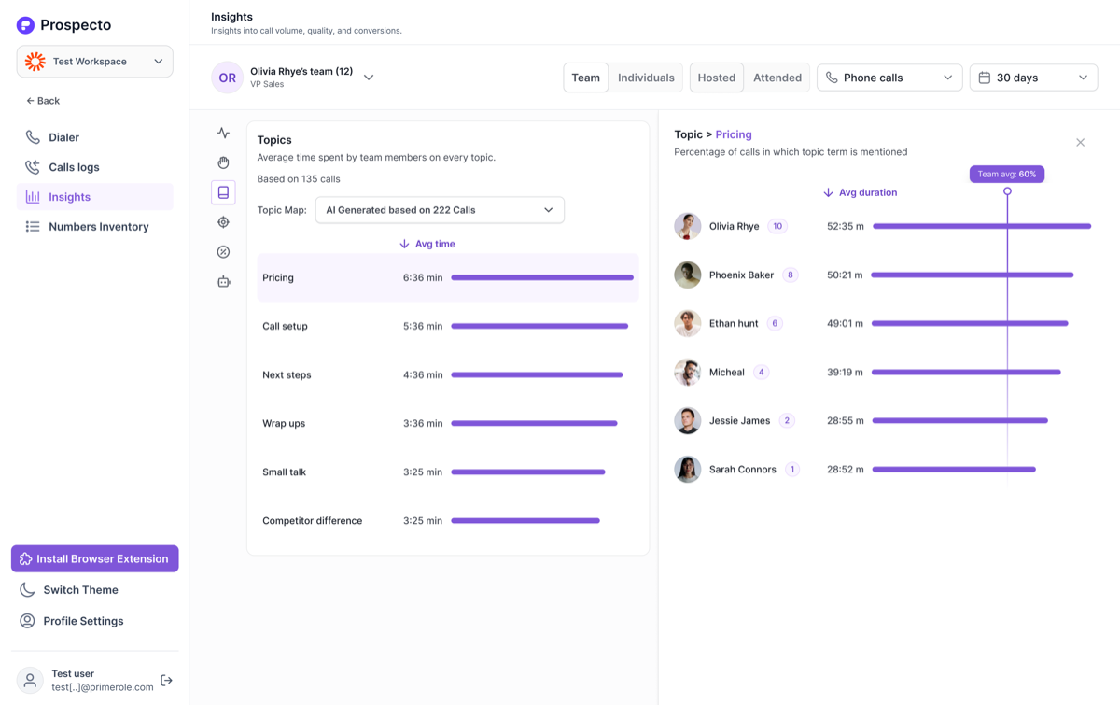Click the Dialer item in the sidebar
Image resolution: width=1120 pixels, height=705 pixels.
tap(52, 137)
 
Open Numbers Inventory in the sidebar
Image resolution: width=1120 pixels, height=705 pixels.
tap(87, 227)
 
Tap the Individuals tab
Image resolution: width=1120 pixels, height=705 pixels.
tap(646, 78)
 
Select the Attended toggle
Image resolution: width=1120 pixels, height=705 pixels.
tap(777, 78)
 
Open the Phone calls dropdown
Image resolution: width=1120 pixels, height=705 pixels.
tap(889, 78)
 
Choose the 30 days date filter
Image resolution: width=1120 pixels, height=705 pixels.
tap(1033, 78)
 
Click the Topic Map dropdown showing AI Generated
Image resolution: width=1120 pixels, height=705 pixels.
tap(440, 210)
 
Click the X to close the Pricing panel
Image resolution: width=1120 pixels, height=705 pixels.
tap(1080, 143)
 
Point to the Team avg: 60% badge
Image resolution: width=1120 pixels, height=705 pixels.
tap(1006, 174)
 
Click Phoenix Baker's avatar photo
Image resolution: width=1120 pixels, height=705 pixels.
tap(688, 275)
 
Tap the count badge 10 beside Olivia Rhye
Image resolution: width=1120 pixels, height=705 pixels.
tap(777, 226)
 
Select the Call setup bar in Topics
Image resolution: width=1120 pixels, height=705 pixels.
tap(539, 326)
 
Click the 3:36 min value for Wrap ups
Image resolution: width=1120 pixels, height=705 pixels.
tap(423, 423)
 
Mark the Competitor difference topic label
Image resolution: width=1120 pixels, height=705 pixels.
tap(312, 520)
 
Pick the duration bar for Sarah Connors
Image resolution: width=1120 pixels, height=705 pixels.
tap(954, 470)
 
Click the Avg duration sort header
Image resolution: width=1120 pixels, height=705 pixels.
tap(860, 192)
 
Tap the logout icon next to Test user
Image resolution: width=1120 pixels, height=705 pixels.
tap(166, 680)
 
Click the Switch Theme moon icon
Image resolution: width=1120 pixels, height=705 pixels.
tap(27, 590)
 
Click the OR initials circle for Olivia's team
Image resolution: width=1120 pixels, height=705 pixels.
tap(227, 78)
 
